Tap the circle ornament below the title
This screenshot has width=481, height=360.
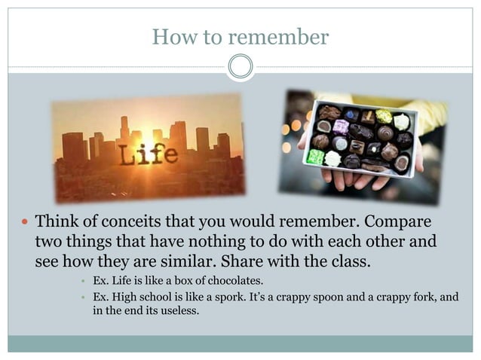pos(240,67)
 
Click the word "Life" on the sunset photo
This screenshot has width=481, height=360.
pos(149,155)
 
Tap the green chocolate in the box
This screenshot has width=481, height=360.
pos(316,157)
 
